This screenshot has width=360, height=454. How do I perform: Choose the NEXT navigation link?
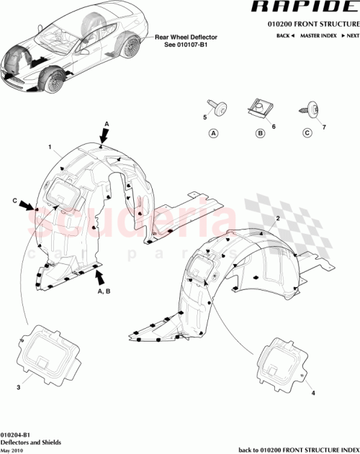351,35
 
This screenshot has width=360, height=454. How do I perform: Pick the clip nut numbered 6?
256,109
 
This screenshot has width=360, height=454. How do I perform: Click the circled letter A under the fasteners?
213,133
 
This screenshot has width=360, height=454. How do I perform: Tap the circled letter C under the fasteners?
307,133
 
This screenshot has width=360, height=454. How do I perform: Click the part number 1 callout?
50,148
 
